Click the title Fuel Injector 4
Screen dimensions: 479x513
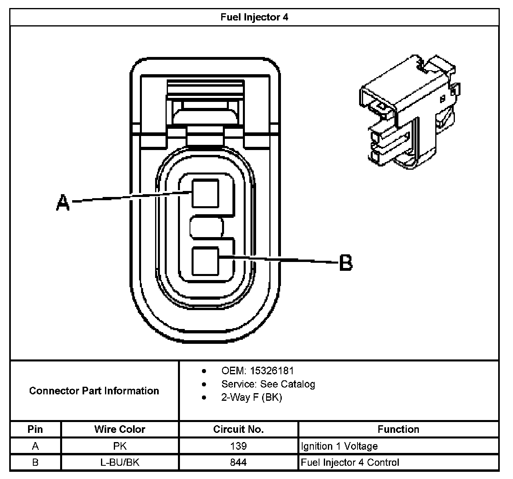coord(254,17)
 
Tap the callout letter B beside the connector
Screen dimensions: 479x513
coord(345,263)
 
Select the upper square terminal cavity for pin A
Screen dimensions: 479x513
coord(206,194)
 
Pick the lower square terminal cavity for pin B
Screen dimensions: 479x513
coord(206,261)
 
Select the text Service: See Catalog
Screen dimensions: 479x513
coord(268,384)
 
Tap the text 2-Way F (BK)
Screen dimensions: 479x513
coord(251,397)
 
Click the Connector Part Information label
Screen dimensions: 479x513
coord(94,391)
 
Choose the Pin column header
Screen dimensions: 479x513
coord(35,429)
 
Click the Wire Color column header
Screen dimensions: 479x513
coord(119,429)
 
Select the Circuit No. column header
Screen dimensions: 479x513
coord(238,429)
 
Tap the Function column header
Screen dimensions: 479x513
coord(398,429)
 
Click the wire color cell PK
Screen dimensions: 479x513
coord(119,446)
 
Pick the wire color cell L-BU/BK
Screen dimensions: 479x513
coord(119,462)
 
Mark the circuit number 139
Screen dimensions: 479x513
coord(238,446)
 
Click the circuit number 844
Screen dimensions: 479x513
coord(238,462)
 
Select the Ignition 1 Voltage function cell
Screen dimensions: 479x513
coord(339,446)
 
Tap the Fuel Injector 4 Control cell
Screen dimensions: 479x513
coord(350,462)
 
